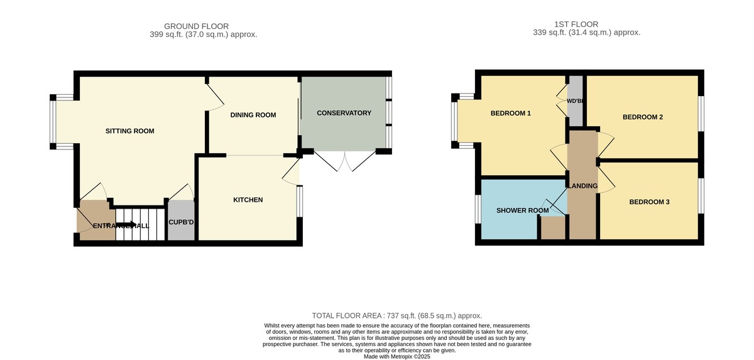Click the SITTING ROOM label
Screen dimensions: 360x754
pyautogui.click(x=129, y=131)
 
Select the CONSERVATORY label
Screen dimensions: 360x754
pyautogui.click(x=344, y=113)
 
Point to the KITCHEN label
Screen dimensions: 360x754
pyautogui.click(x=248, y=200)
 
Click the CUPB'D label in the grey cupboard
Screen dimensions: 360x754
pyautogui.click(x=181, y=222)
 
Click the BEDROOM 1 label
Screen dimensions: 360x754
pyautogui.click(x=510, y=114)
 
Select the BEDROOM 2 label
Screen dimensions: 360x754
pyautogui.click(x=643, y=117)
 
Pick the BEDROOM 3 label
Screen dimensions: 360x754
pyautogui.click(x=649, y=202)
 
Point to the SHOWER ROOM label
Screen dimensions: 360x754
pyautogui.click(x=522, y=210)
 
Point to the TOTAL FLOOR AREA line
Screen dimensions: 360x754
pyautogui.click(x=396, y=315)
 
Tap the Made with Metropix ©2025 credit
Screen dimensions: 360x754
pyautogui.click(x=397, y=356)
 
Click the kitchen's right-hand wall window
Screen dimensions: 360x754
pyautogui.click(x=299, y=201)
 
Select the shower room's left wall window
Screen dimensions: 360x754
pyautogui.click(x=478, y=209)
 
